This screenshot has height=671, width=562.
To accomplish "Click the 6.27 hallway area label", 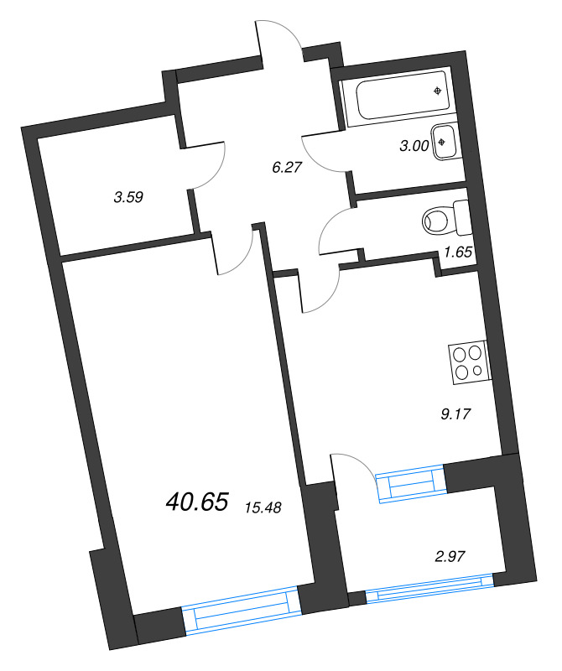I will point(286,166).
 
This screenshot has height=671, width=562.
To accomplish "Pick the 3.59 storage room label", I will point(129,198).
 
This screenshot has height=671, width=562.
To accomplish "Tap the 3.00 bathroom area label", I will point(414,145).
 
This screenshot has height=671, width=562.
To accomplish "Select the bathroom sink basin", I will point(444,142).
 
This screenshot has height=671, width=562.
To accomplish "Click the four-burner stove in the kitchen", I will point(468,362).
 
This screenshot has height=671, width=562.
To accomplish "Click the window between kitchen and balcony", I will point(410,486).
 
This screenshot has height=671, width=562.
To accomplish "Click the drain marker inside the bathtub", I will point(438,91).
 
